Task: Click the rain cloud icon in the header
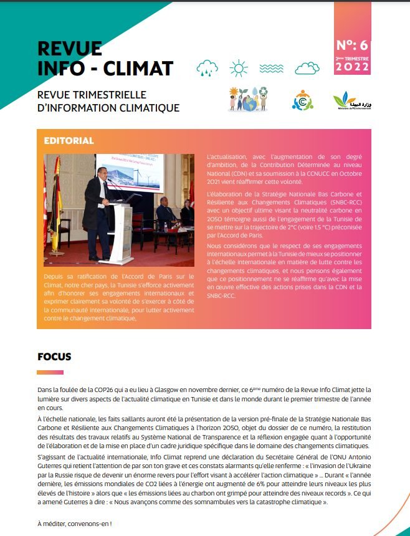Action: pos(207,67)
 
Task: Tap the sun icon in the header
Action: pos(239,67)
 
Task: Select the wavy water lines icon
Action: pos(272,67)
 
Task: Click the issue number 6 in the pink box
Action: pos(364,45)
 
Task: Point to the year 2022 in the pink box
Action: pos(352,67)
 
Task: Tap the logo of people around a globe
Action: pos(248,99)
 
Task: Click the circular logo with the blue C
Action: pos(303,100)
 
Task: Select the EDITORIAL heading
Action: pos(69,141)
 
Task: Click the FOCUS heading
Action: pos(54,357)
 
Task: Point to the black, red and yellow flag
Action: pos(55,199)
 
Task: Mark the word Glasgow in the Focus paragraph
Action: pos(180,389)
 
